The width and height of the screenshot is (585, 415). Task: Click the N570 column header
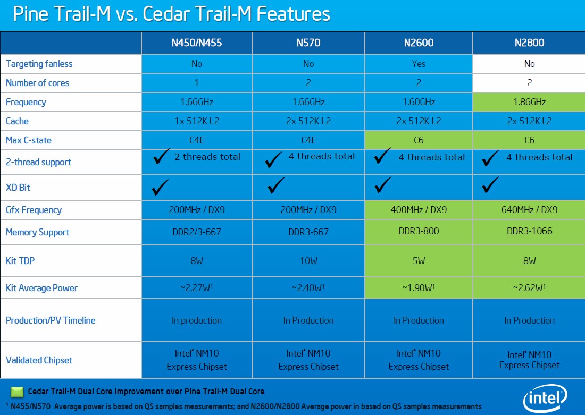coord(308,43)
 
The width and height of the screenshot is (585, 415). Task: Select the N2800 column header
coord(529,43)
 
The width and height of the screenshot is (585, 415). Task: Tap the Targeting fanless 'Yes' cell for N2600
coord(419,64)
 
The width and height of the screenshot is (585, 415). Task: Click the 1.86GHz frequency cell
coord(529,102)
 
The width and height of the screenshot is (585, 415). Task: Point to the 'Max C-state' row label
coord(28,140)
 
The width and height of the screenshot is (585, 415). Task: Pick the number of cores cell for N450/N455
coord(197,83)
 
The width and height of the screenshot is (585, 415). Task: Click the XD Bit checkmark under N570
coord(275,185)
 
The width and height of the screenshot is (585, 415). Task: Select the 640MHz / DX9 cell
coord(529,209)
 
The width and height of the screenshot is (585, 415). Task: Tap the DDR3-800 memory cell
coord(419,231)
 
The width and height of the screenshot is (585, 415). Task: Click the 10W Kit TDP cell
coord(308,260)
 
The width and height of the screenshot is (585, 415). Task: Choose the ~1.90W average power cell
coord(419,287)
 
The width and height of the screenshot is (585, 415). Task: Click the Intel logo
coord(545,398)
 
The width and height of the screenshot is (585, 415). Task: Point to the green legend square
coord(17,392)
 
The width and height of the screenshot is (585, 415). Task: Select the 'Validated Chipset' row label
coord(39,360)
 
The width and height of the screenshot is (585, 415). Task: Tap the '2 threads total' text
coord(207,157)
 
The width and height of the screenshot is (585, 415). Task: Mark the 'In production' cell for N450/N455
coord(197,320)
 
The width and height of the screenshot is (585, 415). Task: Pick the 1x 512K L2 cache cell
coord(197,121)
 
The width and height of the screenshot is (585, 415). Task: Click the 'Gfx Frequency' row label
coord(34,210)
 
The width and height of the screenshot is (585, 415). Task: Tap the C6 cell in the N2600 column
coord(419,140)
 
